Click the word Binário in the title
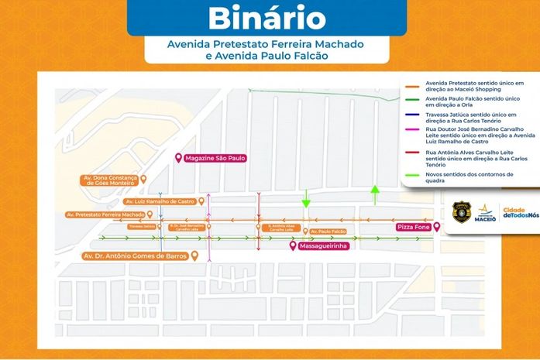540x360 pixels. pos(267,18)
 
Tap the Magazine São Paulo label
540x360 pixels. pos(215,158)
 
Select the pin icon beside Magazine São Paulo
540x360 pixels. pos(179,158)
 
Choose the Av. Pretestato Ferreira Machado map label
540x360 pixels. pos(105,214)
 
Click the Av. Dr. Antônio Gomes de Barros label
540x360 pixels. pos(136,255)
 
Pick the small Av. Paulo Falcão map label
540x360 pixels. pos(328,231)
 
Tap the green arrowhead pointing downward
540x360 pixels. pos(306,204)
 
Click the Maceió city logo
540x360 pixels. pos(484,212)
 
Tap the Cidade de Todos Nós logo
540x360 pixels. pos(520,213)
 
